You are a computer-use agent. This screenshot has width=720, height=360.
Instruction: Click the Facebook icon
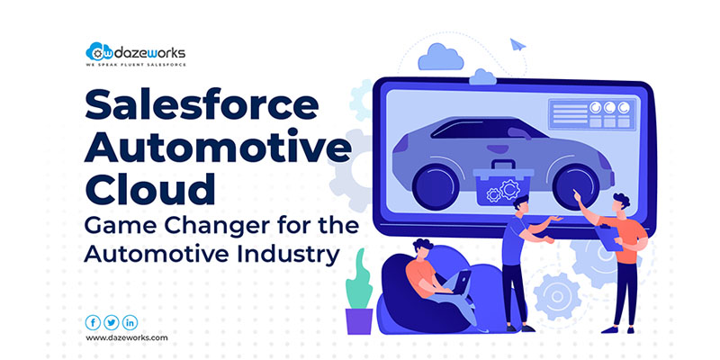coord(93,323)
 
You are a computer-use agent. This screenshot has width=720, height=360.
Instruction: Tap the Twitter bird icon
coord(111,323)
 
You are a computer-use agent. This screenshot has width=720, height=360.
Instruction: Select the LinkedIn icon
coord(130,323)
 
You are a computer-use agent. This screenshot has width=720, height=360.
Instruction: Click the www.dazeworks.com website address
coord(127,338)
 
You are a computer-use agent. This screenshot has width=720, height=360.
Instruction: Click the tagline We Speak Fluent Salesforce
coord(136,65)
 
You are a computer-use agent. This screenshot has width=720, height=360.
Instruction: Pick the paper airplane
coord(517,44)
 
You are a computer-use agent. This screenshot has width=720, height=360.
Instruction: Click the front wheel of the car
coord(576,185)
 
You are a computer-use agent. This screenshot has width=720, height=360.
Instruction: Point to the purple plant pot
coord(359,321)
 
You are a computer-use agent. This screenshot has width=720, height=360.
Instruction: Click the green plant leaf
coord(358,279)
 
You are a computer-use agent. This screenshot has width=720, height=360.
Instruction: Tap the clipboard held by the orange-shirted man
coord(608,238)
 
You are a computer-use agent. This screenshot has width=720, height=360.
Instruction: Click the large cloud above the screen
coord(440,58)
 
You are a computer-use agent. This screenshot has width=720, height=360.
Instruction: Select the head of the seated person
coord(423,250)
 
